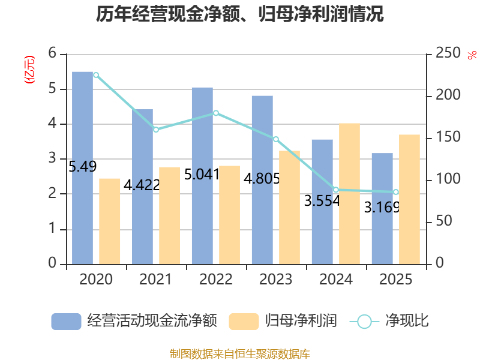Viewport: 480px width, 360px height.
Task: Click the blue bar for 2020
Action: pyautogui.click(x=82, y=168)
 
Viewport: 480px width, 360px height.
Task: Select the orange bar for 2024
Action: pyautogui.click(x=349, y=194)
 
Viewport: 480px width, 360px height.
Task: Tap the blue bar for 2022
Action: pyautogui.click(x=202, y=176)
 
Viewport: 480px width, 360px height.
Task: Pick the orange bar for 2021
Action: pyautogui.click(x=169, y=216)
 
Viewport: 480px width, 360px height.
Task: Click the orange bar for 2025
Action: pyautogui.click(x=409, y=200)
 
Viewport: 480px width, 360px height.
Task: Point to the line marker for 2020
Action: pyautogui.click(x=96, y=75)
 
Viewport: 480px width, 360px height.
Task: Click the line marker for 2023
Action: pyautogui.click(x=276, y=139)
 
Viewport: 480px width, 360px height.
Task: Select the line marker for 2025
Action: pyautogui.click(x=396, y=192)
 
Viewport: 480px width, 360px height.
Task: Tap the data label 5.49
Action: pyautogui.click(x=82, y=167)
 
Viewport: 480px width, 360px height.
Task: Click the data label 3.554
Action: pyautogui.click(x=322, y=201)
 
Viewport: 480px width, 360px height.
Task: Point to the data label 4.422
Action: pyautogui.click(x=142, y=185)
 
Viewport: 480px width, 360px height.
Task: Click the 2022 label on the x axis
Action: pyautogui.click(x=216, y=279)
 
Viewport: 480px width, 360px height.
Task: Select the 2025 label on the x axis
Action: pyautogui.click(x=396, y=279)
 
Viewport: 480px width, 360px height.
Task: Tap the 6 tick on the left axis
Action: pyautogui.click(x=52, y=53)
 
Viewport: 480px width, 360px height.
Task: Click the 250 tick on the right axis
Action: pyautogui.click(x=448, y=53)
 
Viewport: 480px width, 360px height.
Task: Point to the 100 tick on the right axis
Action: pyautogui.click(x=448, y=179)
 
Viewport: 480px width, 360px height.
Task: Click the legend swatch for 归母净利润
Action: pyautogui.click(x=244, y=322)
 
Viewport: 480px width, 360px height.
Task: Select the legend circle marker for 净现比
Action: pyautogui.click(x=364, y=322)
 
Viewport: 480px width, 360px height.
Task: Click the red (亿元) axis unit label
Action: pyautogui.click(x=29, y=70)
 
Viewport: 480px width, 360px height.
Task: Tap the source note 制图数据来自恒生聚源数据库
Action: pyautogui.click(x=240, y=353)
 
